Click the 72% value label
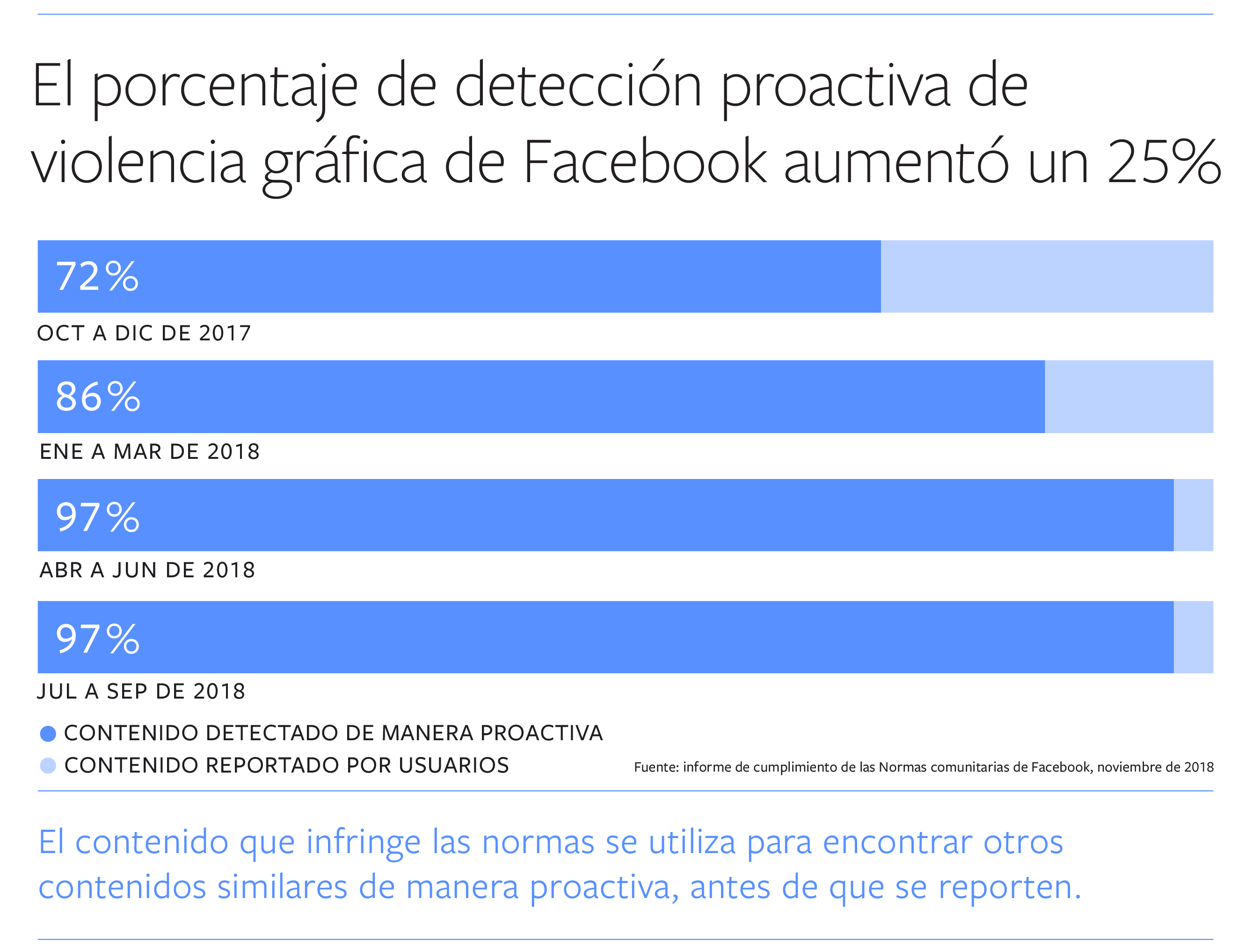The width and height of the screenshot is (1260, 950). coord(97,277)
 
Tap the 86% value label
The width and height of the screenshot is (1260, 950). coord(98,397)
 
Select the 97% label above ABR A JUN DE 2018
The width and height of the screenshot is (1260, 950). coord(97,517)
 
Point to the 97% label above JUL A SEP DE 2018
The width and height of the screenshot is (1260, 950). coord(97,638)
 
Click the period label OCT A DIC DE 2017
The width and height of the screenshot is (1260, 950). coord(144,333)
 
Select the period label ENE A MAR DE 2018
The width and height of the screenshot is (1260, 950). coord(149,452)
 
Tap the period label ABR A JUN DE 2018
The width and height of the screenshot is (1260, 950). coord(147,570)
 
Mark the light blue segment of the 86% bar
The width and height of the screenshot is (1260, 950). coord(1129,397)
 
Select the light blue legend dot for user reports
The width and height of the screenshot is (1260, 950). coord(48,766)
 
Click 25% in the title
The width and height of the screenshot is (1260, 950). coord(1164,163)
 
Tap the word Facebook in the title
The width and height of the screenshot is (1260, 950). coord(644,163)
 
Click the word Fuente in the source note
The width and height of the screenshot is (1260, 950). coord(655,767)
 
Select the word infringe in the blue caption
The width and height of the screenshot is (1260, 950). coord(364,842)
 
